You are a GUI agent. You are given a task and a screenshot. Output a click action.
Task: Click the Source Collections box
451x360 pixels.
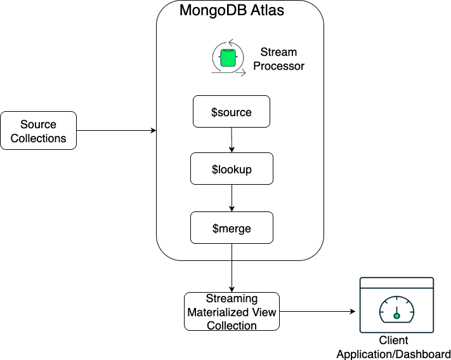click(x=39, y=131)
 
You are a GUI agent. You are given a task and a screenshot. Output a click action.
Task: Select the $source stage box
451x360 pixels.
click(x=231, y=112)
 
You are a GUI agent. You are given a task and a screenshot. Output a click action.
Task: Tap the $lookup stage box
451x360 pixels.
click(x=231, y=170)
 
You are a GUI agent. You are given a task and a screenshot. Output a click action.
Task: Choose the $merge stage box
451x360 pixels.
click(x=231, y=228)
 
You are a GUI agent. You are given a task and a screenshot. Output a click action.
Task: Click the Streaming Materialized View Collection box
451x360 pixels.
click(x=232, y=311)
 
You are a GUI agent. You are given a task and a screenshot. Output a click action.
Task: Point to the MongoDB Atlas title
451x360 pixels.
click(x=240, y=11)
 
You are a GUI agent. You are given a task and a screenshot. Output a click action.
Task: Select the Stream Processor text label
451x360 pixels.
click(x=278, y=58)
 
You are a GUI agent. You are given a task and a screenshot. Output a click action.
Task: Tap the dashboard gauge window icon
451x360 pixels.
click(x=396, y=305)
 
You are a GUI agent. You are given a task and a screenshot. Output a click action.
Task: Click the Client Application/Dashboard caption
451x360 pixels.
click(x=393, y=347)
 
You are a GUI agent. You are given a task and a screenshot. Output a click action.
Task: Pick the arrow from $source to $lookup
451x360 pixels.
click(x=232, y=140)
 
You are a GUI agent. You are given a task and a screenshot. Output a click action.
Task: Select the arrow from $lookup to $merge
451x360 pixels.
click(x=232, y=199)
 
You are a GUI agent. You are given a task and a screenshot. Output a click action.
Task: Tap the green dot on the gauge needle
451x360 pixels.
click(x=396, y=316)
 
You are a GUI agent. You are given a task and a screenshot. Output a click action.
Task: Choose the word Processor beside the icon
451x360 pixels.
click(x=278, y=65)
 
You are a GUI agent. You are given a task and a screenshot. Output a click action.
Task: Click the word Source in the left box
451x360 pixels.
click(x=39, y=124)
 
